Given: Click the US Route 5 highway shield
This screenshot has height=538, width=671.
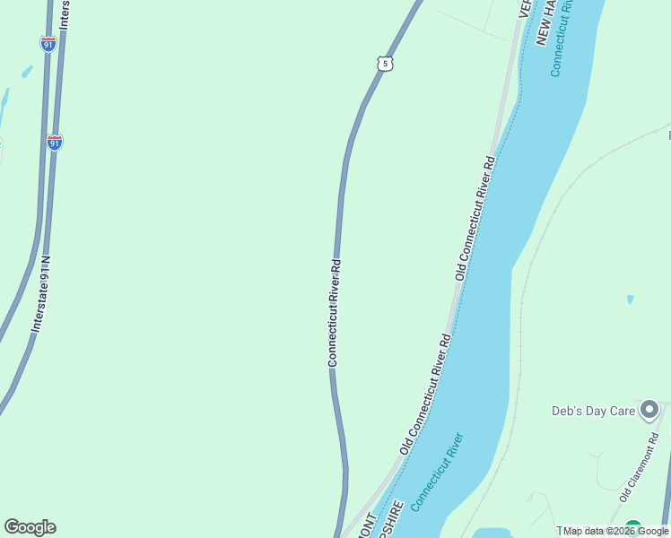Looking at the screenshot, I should [x=384, y=63].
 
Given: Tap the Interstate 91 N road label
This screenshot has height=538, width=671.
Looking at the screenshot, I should [x=41, y=296].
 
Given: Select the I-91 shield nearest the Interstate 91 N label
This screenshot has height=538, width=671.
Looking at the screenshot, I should [x=55, y=143].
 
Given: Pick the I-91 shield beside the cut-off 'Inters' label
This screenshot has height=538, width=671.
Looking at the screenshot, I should [x=48, y=43].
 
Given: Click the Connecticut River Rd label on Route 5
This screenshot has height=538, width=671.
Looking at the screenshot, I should [x=334, y=313].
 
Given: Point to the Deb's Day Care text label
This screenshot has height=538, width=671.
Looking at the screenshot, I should [x=593, y=412].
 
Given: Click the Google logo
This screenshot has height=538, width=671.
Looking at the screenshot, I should [x=30, y=527].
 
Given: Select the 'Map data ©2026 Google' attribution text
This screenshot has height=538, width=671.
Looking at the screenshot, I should [x=616, y=531].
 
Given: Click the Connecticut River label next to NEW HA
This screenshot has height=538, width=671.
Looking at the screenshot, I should [x=562, y=40].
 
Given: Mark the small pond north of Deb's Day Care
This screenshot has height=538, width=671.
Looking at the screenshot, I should [x=630, y=299].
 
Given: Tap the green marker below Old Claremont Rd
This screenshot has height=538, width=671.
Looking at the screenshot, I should [x=633, y=529].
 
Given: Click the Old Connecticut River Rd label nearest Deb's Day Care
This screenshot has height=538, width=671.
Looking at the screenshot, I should [x=424, y=394].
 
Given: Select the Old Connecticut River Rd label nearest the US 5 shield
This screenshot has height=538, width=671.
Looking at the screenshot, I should [x=475, y=219].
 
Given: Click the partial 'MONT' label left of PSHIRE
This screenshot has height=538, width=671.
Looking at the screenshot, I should [x=367, y=527].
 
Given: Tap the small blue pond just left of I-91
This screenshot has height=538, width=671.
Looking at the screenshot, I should [x=26, y=71].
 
